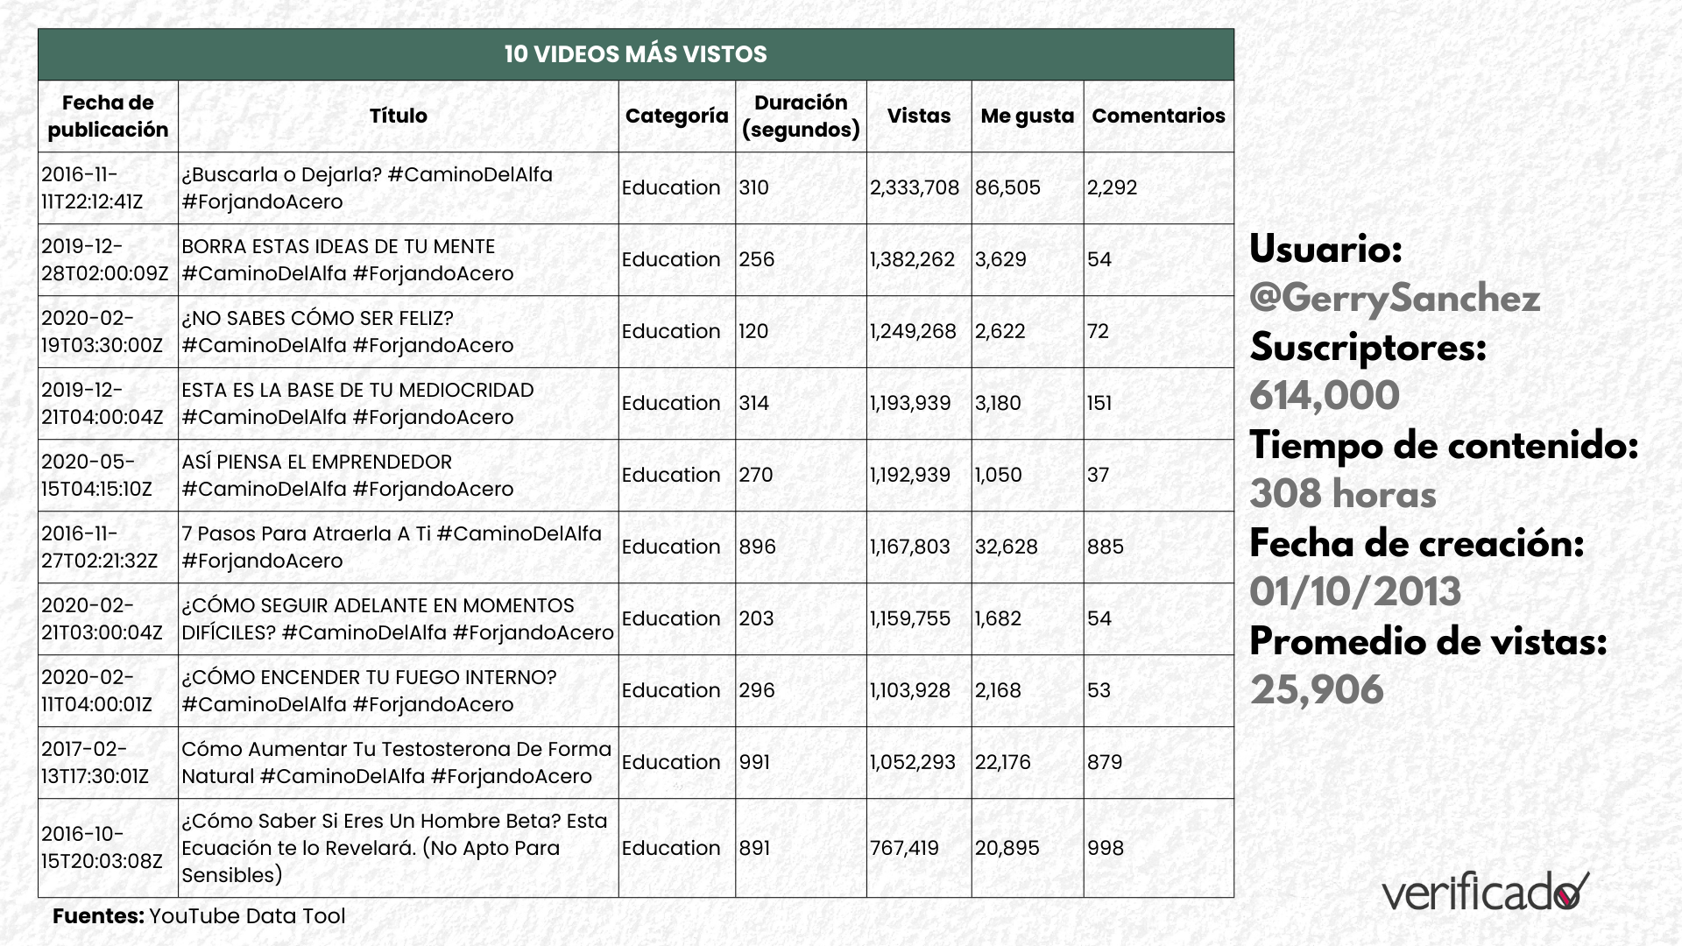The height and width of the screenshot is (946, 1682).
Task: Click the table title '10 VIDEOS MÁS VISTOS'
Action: pyautogui.click(x=635, y=54)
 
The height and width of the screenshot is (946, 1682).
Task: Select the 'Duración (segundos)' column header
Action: pyautogui.click(x=801, y=116)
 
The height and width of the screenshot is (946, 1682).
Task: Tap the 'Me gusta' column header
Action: pyautogui.click(x=1027, y=116)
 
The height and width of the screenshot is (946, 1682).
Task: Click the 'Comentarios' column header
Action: pyautogui.click(x=1158, y=116)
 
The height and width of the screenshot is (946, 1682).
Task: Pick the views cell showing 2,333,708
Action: pyautogui.click(x=915, y=187)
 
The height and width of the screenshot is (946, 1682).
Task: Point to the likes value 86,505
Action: pyautogui.click(x=1007, y=187)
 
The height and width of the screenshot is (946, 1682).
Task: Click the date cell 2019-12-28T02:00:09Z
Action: pyautogui.click(x=104, y=259)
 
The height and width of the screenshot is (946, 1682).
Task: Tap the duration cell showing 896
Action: pyautogui.click(x=757, y=547)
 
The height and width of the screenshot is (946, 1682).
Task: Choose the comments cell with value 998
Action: pyautogui.click(x=1105, y=848)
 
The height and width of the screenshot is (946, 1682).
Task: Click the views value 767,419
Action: pyautogui.click(x=904, y=848)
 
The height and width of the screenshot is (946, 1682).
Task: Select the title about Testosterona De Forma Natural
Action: pyautogui.click(x=396, y=762)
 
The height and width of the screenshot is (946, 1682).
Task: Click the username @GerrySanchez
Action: pyautogui.click(x=1395, y=299)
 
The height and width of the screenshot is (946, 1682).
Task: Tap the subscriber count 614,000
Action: pyautogui.click(x=1325, y=396)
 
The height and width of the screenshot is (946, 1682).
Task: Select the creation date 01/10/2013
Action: pyautogui.click(x=1355, y=592)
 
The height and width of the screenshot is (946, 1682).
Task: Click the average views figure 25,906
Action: pyautogui.click(x=1317, y=690)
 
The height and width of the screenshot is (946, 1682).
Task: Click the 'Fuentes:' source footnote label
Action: pyautogui.click(x=98, y=916)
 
